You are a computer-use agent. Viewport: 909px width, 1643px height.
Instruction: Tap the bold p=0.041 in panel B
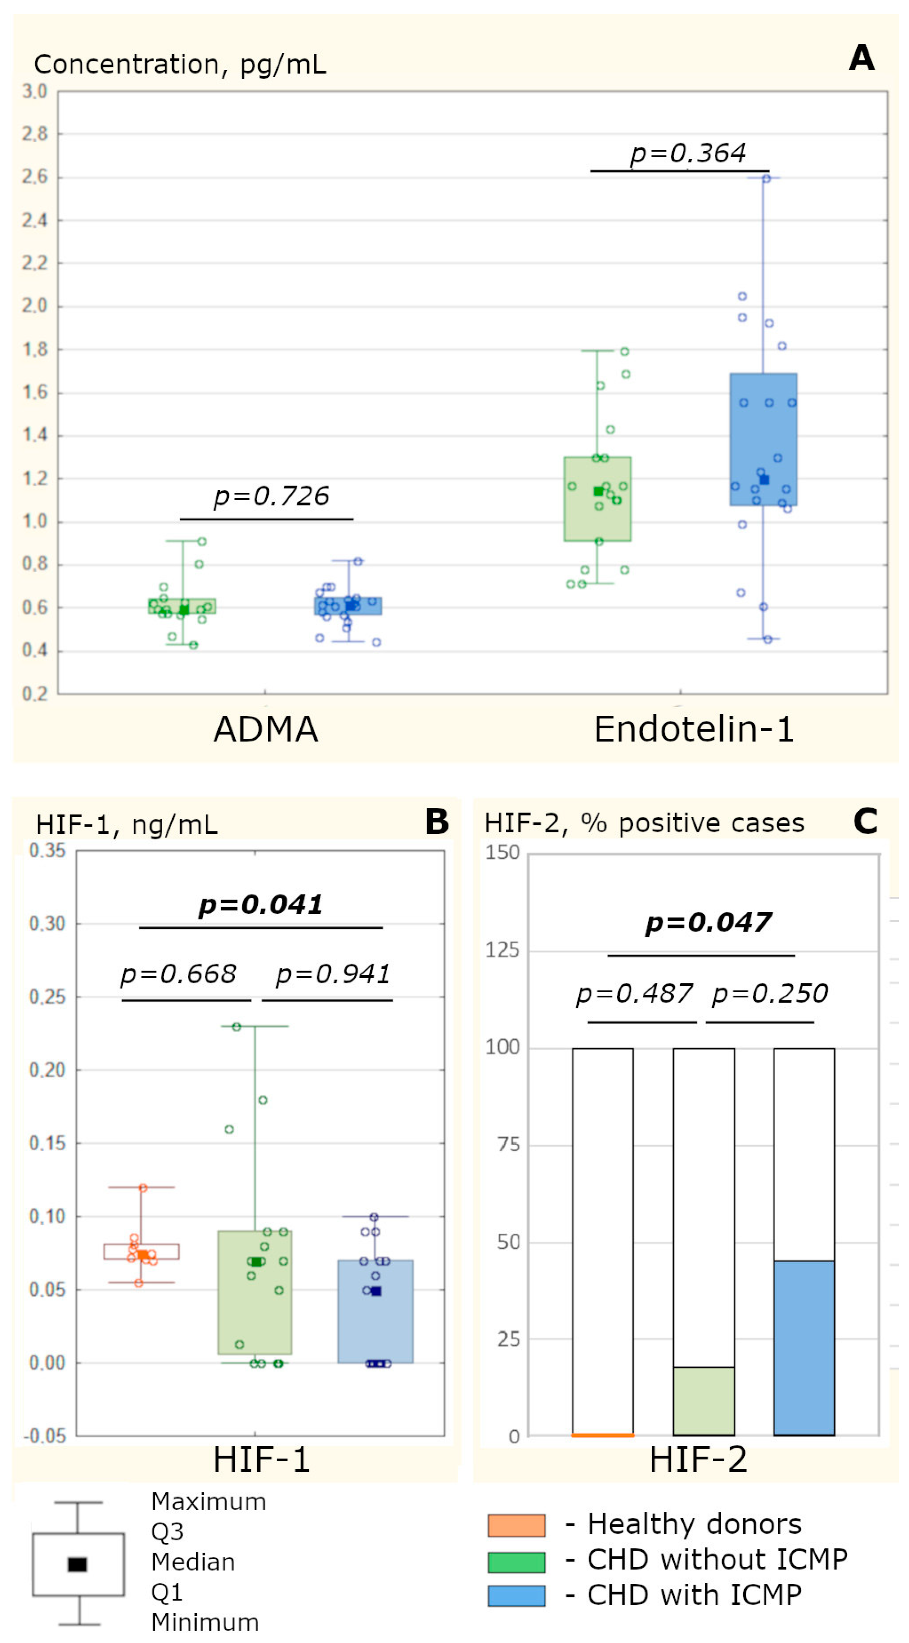(x=260, y=905)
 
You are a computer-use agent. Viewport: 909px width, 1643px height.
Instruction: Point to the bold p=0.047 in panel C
(x=708, y=922)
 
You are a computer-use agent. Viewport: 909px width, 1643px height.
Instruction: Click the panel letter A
(x=861, y=59)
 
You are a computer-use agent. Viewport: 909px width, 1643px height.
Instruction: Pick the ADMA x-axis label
(x=265, y=729)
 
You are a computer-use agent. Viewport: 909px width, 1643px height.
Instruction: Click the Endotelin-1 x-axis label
(x=693, y=729)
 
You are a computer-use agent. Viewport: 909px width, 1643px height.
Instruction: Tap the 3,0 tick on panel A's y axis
(x=35, y=92)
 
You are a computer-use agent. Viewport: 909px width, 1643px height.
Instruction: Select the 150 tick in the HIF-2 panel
(x=502, y=853)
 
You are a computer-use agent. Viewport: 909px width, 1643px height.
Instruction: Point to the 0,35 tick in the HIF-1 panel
(x=47, y=850)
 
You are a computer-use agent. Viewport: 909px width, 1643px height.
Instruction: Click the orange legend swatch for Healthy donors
(x=516, y=1525)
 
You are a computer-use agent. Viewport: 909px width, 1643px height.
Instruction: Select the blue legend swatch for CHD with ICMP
(x=516, y=1595)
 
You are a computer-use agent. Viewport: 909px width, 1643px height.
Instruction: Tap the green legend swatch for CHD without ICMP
(x=516, y=1562)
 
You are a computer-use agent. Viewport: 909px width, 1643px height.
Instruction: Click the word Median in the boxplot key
(x=193, y=1562)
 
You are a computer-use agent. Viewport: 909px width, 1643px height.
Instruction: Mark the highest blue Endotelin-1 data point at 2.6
(x=766, y=178)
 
